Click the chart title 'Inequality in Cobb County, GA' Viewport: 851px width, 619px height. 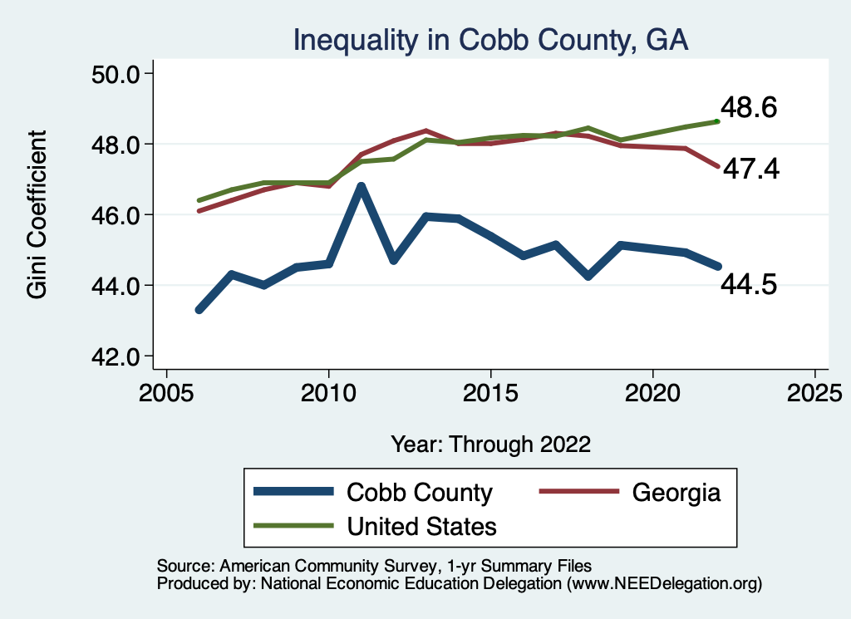click(489, 39)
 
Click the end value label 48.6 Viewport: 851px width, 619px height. click(749, 108)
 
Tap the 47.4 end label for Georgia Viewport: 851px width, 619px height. click(750, 169)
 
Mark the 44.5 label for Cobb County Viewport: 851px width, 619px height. click(749, 285)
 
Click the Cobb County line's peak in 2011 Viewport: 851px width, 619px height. click(361, 187)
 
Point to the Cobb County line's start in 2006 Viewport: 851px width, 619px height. click(199, 310)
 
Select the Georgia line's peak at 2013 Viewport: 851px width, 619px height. click(425, 130)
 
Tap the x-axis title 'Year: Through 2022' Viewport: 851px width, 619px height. click(490, 444)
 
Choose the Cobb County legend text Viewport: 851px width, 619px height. click(420, 493)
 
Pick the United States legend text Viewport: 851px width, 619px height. click(421, 526)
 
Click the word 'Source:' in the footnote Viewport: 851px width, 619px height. click(185, 565)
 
